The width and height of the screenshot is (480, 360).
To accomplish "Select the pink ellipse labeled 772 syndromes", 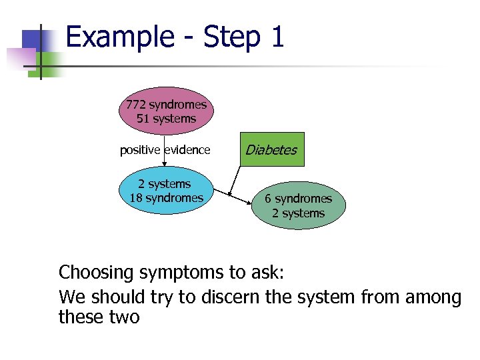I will click(x=166, y=111).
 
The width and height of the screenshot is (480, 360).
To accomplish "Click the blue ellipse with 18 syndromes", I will click(x=166, y=191).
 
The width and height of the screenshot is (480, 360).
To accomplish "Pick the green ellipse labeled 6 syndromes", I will click(x=298, y=205).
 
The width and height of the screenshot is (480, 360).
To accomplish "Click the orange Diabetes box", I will click(x=271, y=150).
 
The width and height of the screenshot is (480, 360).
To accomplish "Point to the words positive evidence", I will click(x=165, y=150).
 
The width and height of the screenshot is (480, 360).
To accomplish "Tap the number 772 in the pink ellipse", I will click(x=136, y=105).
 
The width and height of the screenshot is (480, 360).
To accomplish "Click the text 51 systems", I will click(x=166, y=119).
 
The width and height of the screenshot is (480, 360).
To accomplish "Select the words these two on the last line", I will click(x=99, y=317).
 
